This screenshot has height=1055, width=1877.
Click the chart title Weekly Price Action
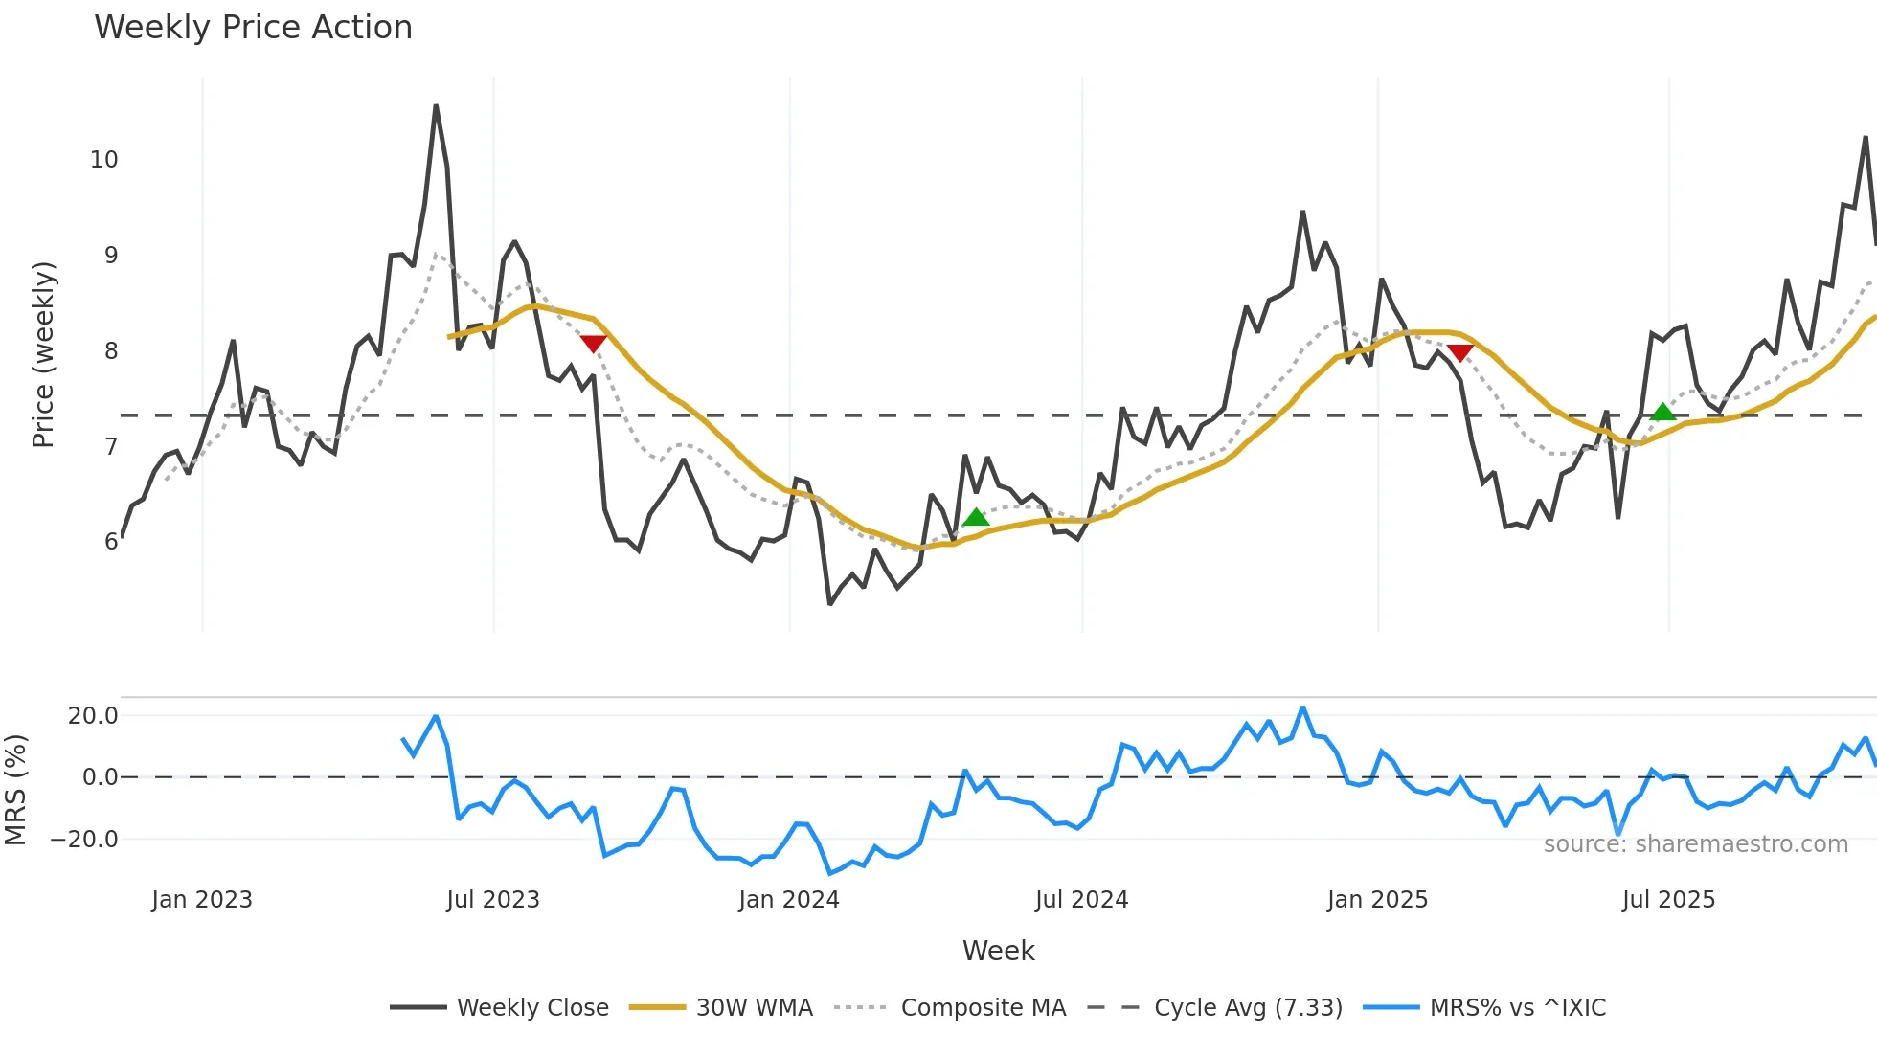point(253,28)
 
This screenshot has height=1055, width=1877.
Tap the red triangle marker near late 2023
point(593,344)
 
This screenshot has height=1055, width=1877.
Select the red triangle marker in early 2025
point(1459,352)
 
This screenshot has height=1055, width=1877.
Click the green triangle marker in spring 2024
point(976,518)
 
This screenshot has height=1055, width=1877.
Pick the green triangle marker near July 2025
point(1663,413)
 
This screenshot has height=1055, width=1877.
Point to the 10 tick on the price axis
point(104,160)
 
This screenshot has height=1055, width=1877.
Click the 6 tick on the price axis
point(111,542)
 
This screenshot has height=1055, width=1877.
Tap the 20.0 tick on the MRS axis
point(93,716)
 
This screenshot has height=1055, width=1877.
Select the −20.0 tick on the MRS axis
point(84,840)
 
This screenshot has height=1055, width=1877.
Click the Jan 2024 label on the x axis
point(788,900)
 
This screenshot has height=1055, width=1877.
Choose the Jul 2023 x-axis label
point(493,900)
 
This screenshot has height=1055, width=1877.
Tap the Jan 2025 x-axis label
point(1377,900)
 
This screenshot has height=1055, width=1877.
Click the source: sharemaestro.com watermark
point(1695,844)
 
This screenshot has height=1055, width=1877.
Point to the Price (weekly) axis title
point(43,354)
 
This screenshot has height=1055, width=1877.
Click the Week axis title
point(998,951)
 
